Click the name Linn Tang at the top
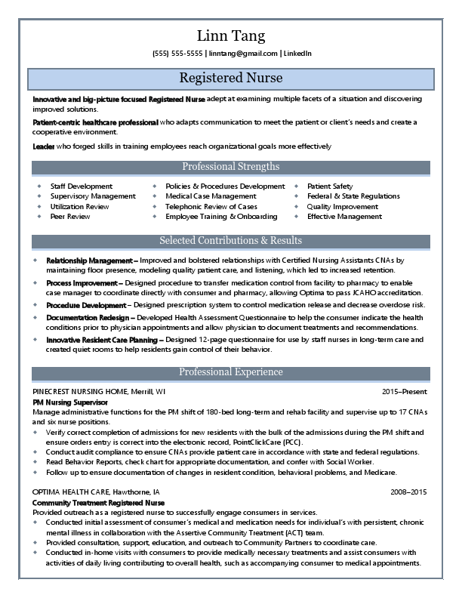[230, 35]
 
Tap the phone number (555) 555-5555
[177, 54]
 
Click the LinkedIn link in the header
[297, 54]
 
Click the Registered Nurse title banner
[230, 79]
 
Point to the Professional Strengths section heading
[230, 167]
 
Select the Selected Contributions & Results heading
[230, 241]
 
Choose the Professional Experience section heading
[230, 372]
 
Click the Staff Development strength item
[81, 186]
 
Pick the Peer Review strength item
[69, 217]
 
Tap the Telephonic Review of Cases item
[211, 206]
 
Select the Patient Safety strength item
[329, 186]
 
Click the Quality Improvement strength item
[342, 206]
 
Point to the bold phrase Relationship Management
[89, 260]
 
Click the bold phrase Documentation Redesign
[89, 318]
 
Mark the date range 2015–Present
[404, 393]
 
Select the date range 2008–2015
[408, 492]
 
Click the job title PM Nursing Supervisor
[70, 403]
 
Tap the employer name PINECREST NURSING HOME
[79, 393]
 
